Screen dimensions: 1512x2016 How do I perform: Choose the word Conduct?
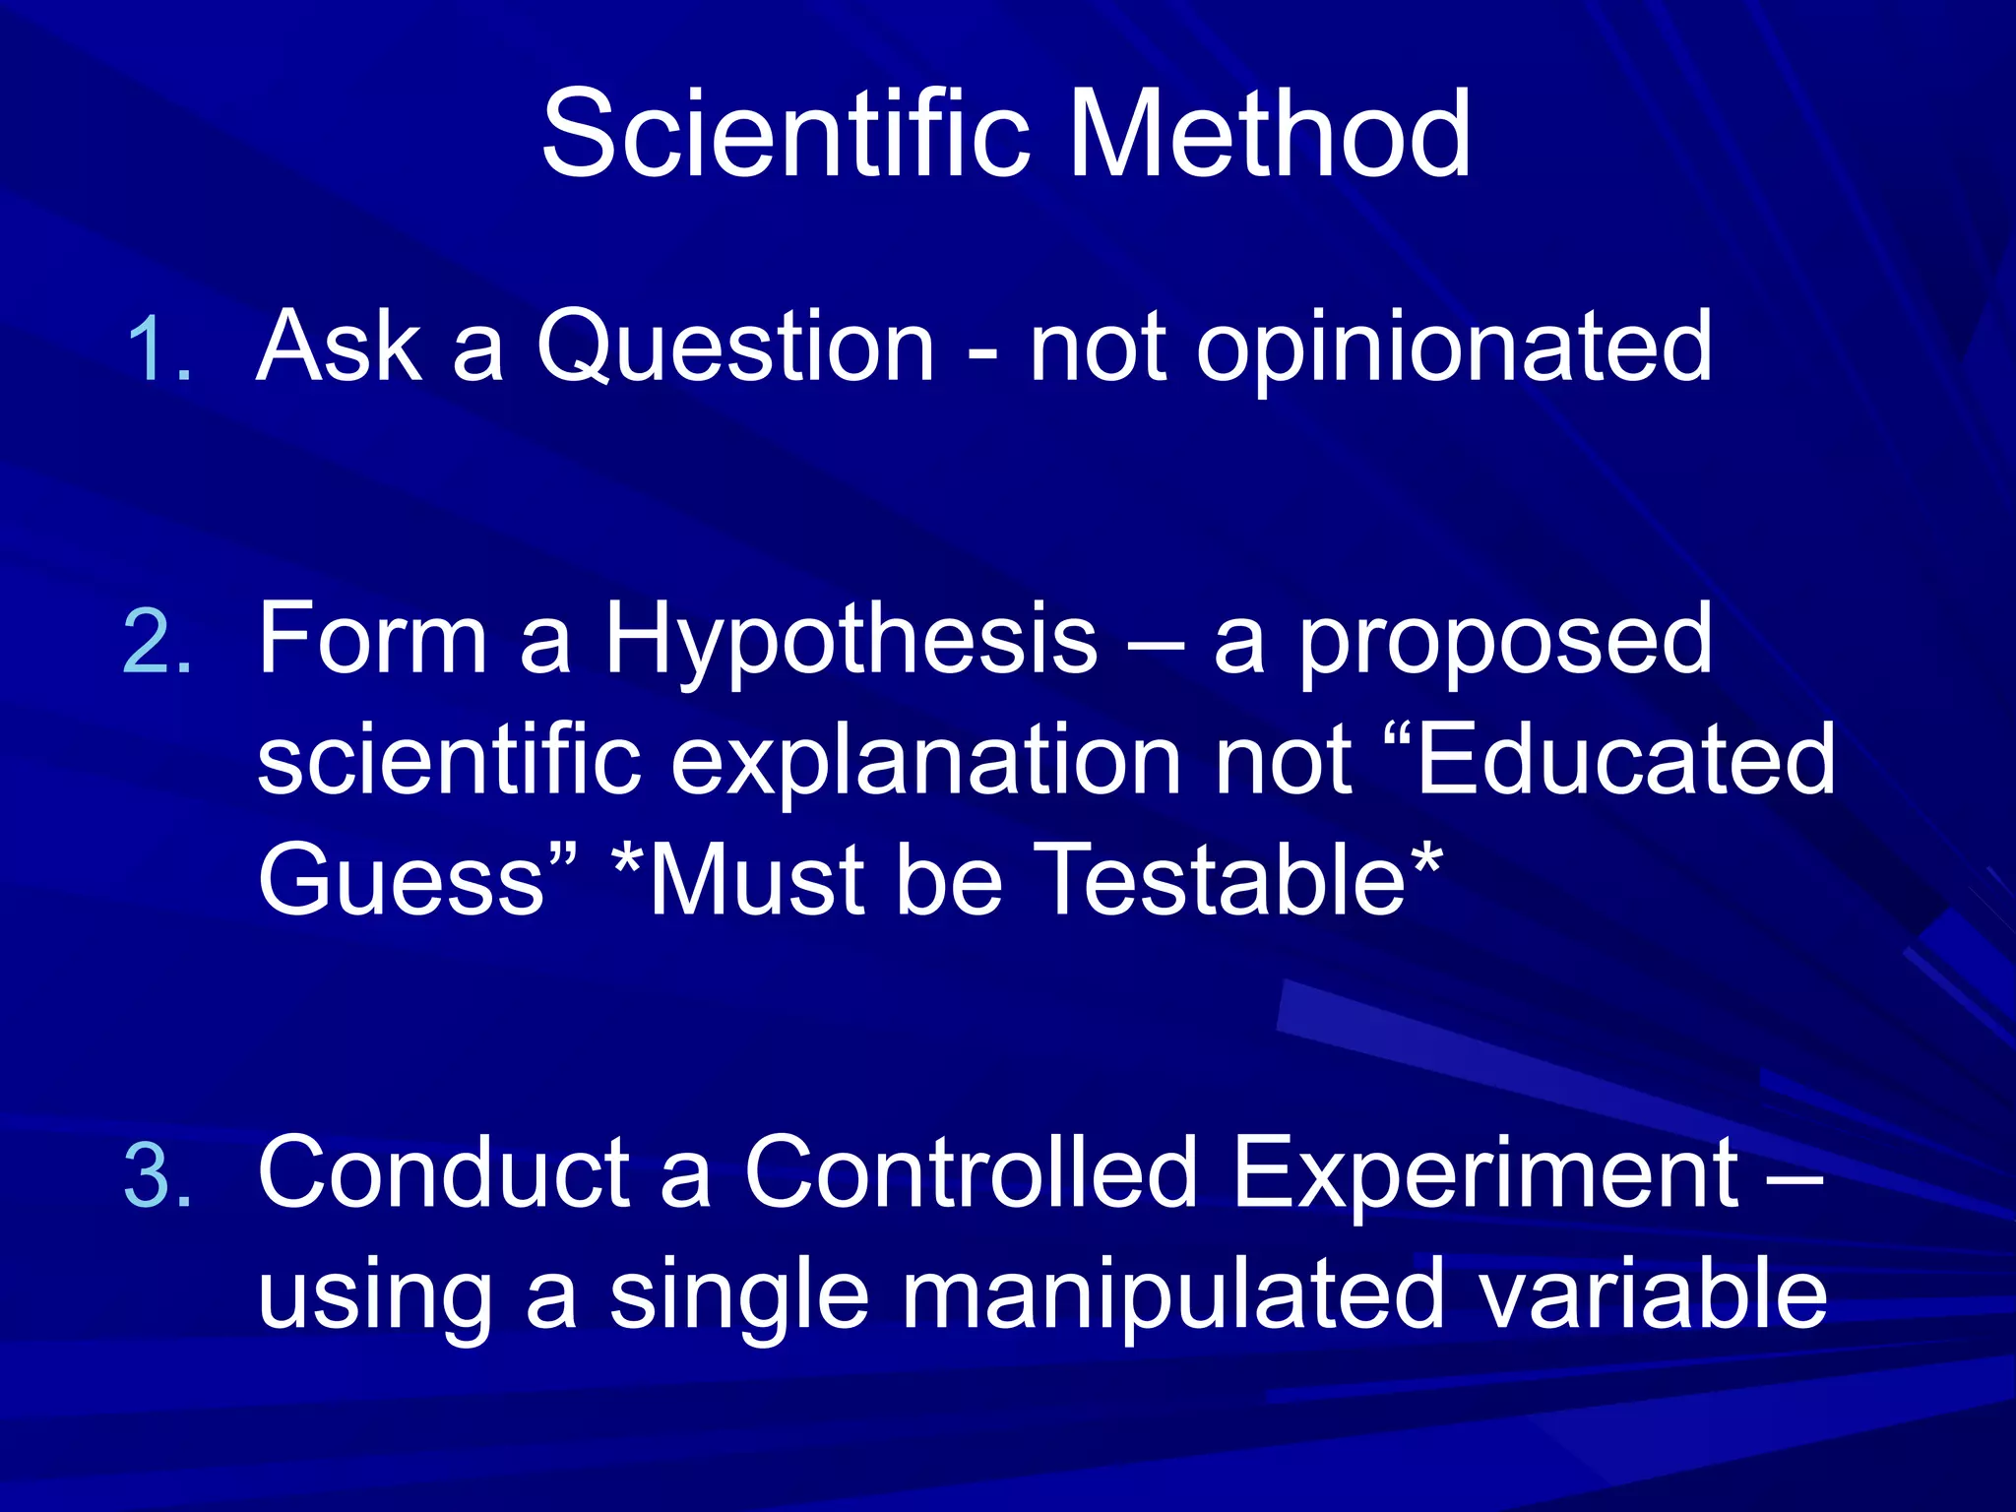[443, 1173]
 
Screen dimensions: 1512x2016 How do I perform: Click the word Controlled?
[970, 1173]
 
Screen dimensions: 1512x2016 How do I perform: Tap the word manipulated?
[1171, 1295]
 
